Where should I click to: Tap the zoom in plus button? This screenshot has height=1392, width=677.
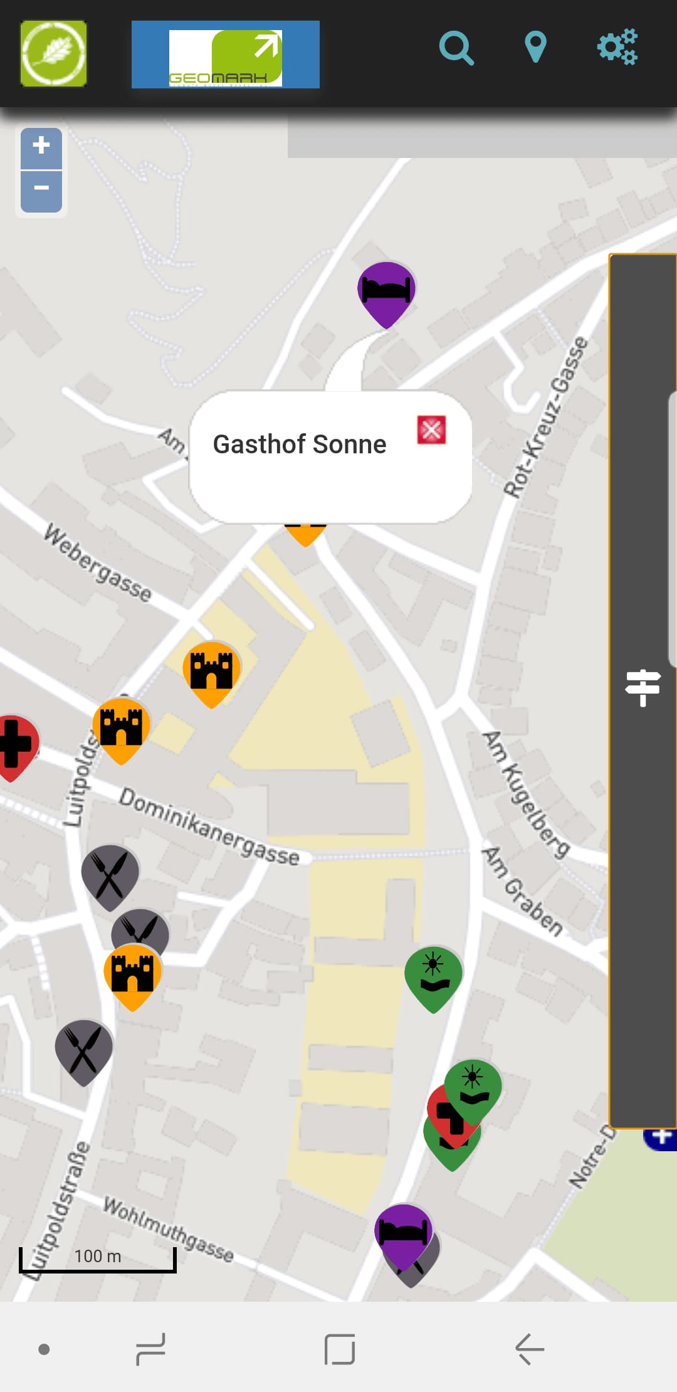tap(41, 147)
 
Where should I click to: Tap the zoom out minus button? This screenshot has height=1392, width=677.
tap(41, 189)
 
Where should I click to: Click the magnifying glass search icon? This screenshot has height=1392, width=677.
tap(456, 48)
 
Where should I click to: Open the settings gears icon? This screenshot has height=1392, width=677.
tap(617, 47)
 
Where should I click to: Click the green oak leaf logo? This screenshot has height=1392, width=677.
tap(53, 53)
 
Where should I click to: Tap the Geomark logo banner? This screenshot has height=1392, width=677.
tap(225, 55)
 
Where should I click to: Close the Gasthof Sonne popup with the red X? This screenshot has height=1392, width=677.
tap(432, 430)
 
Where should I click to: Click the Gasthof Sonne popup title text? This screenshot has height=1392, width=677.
tap(300, 444)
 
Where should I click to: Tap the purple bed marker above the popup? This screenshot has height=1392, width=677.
tap(386, 291)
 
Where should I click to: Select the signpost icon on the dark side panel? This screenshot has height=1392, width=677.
tap(643, 687)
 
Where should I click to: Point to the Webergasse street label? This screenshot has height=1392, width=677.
tap(98, 563)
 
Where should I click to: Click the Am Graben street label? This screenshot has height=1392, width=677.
tap(523, 890)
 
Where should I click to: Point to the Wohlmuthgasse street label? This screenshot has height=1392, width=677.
tap(168, 1229)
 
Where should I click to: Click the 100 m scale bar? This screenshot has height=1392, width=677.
tap(98, 1259)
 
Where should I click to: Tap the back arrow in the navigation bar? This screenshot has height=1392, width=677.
tap(530, 1349)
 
